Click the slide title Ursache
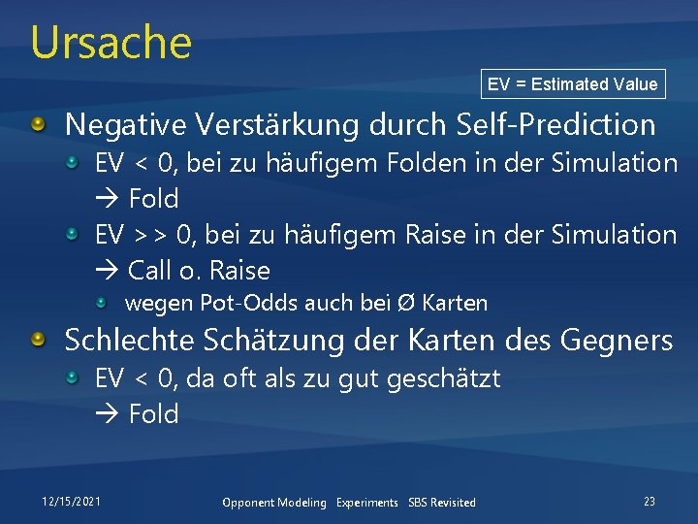(x=111, y=42)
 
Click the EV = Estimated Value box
(x=572, y=84)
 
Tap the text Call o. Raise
(x=198, y=271)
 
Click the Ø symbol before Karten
(x=409, y=304)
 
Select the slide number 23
(x=649, y=502)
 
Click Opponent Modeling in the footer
(x=274, y=503)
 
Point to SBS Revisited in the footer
(x=442, y=503)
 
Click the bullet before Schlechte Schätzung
(x=38, y=341)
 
